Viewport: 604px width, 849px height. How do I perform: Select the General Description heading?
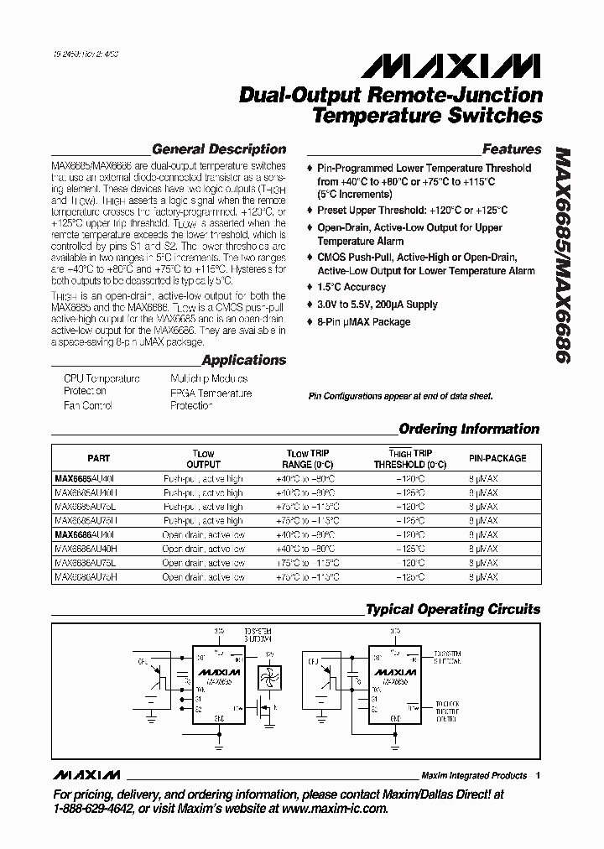click(x=218, y=149)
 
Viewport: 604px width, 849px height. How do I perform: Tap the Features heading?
click(x=512, y=149)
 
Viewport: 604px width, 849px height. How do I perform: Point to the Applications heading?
click(x=244, y=360)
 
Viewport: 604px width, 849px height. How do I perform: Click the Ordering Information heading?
click(x=469, y=429)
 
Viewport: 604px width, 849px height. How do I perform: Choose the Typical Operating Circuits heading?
click(x=453, y=609)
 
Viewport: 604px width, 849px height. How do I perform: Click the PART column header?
click(x=98, y=459)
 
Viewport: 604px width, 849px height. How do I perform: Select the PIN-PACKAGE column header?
click(x=497, y=459)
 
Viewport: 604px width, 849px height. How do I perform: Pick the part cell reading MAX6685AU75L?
click(x=86, y=507)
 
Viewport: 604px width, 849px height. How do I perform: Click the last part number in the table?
click(x=86, y=577)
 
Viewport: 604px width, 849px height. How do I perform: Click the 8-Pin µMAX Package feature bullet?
click(x=363, y=322)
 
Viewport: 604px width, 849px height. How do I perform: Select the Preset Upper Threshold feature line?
click(x=412, y=211)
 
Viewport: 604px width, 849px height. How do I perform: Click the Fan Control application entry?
click(x=88, y=405)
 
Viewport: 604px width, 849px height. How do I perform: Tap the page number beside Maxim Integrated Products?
click(x=538, y=775)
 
